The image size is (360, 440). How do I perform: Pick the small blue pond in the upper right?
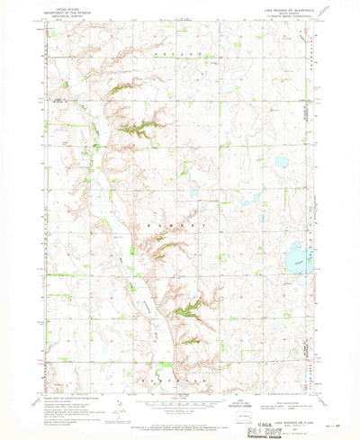281,163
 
